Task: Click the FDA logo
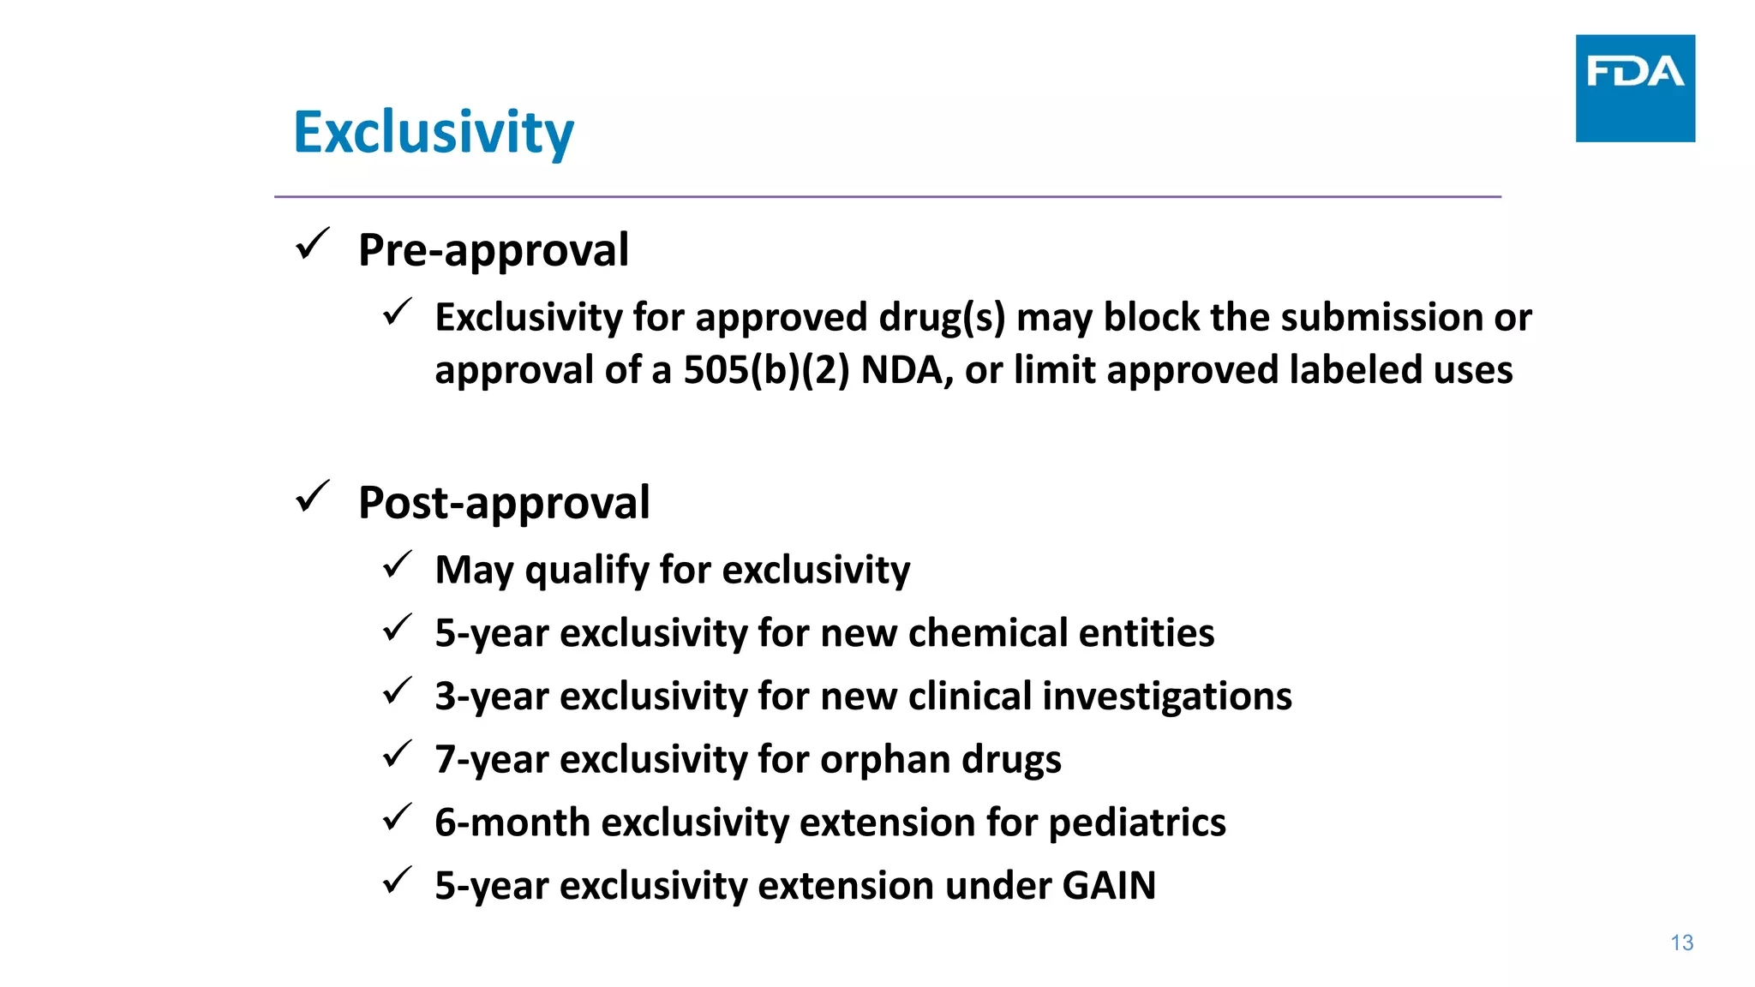1634,87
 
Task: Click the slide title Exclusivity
434,133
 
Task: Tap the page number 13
1681,943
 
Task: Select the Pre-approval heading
494,250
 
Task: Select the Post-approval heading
504,502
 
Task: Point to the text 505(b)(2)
766,370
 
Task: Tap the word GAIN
1109,885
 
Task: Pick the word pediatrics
1137,822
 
